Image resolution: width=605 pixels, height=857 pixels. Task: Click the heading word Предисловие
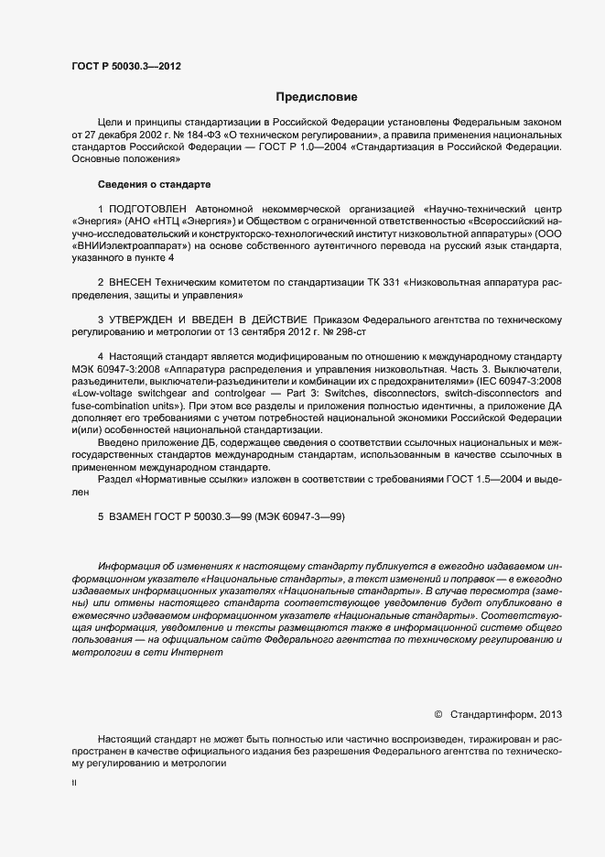click(317, 96)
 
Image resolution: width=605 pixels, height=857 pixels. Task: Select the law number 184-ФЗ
click(185, 134)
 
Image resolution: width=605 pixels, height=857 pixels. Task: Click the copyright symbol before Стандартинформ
click(438, 713)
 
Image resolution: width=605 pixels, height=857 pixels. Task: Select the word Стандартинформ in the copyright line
click(496, 713)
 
